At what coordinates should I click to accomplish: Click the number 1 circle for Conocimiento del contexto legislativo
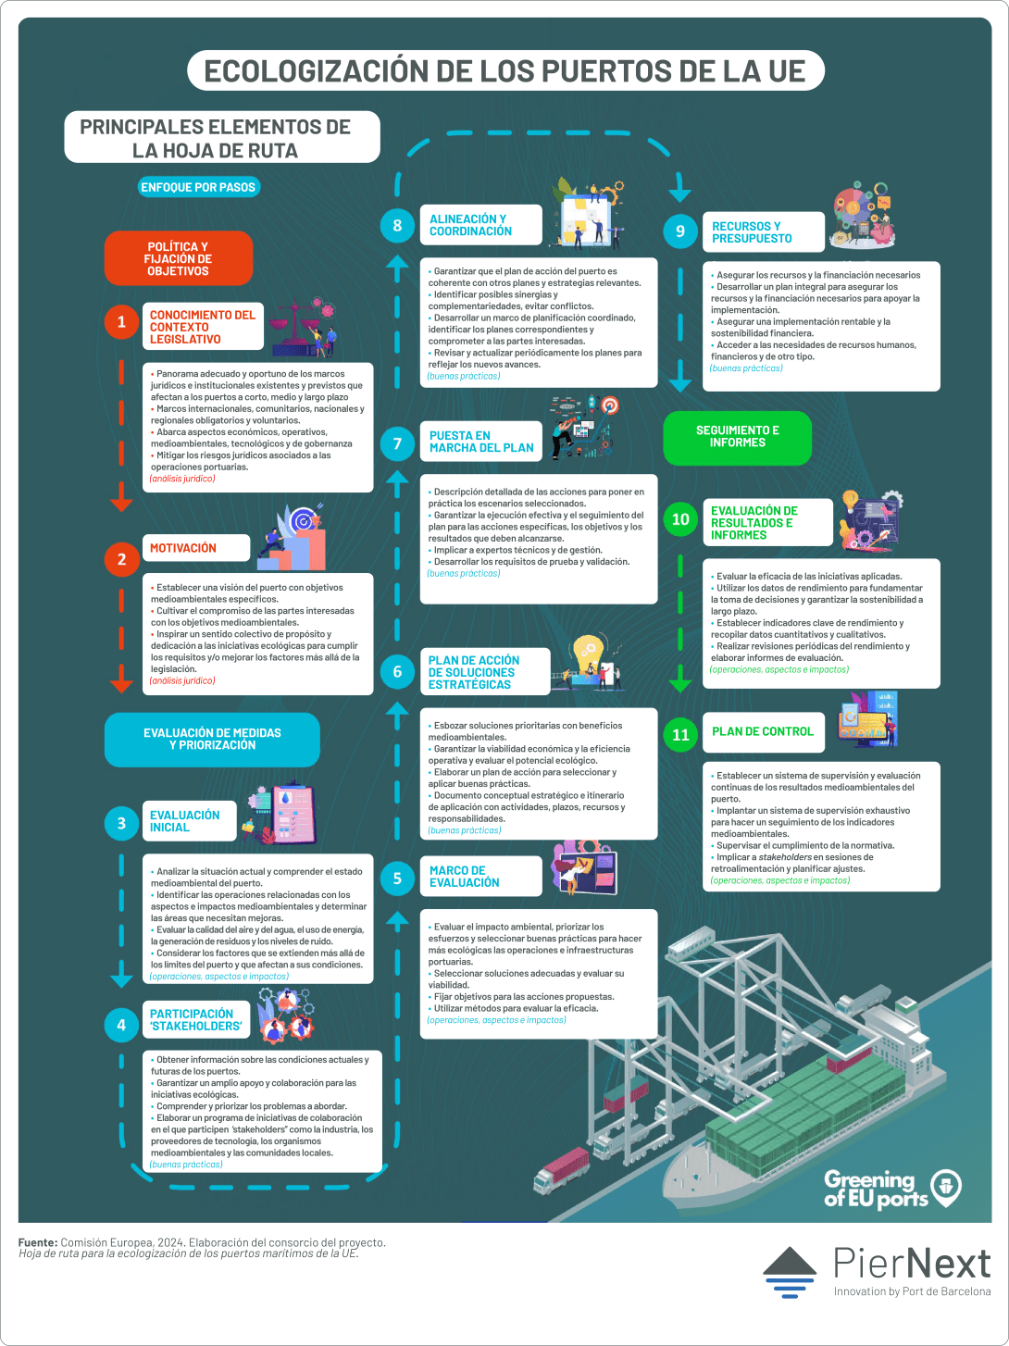tap(121, 322)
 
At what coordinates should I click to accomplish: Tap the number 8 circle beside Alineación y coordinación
tap(397, 226)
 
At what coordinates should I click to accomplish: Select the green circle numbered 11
tap(680, 735)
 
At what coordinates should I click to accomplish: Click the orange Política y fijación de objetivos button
tap(179, 258)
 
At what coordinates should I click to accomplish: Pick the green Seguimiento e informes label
tap(738, 437)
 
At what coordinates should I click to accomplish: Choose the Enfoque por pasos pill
tap(199, 187)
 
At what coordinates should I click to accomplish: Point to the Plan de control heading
tap(763, 731)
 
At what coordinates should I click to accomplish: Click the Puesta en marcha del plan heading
tap(481, 442)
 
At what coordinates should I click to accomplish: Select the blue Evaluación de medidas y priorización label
tap(212, 739)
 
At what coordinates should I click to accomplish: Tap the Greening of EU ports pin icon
tap(946, 1188)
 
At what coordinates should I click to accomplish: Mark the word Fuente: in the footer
tap(38, 1242)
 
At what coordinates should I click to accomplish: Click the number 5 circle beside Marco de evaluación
tap(397, 879)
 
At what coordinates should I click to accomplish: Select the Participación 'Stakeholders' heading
tap(196, 1019)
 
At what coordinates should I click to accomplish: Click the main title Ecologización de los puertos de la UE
tap(505, 71)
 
